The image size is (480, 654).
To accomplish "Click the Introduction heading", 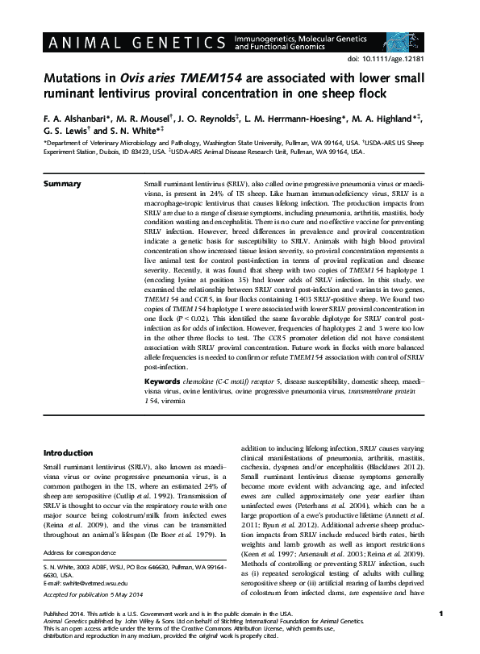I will coord(70,453).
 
